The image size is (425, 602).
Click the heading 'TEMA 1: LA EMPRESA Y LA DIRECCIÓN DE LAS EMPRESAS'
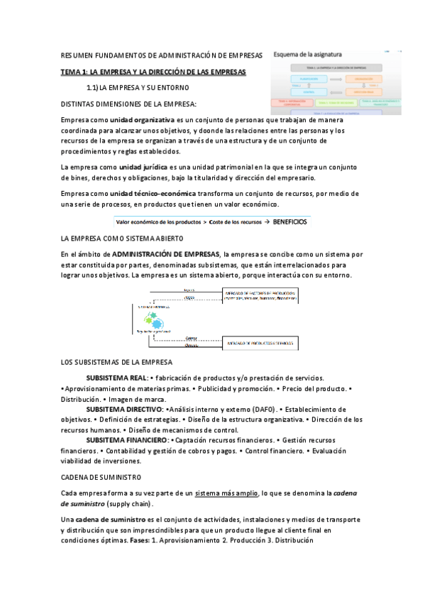point(153,72)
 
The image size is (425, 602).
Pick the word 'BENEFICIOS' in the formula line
point(289,221)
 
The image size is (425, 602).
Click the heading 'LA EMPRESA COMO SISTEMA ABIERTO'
point(123,238)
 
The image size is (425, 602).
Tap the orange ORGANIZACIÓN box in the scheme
point(363,79)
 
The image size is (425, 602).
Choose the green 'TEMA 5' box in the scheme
point(337,103)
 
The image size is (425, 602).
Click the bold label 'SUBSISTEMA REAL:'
point(116,378)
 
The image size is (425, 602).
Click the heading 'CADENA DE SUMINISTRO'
point(101,477)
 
